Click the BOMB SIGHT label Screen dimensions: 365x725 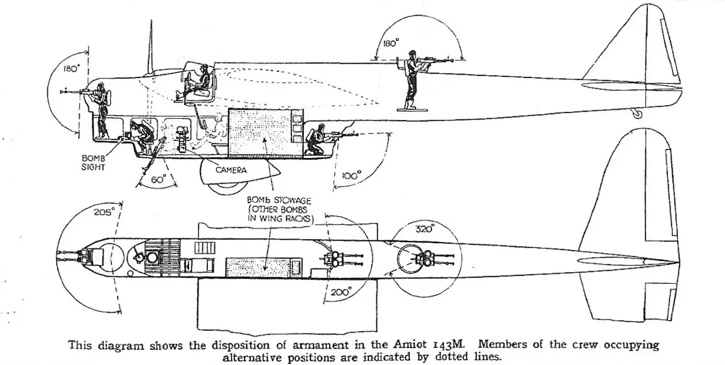93,164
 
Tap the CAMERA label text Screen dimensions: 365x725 230,169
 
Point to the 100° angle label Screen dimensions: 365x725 351,176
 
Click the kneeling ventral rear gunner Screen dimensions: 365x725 316,142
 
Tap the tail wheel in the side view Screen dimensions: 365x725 637,114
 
